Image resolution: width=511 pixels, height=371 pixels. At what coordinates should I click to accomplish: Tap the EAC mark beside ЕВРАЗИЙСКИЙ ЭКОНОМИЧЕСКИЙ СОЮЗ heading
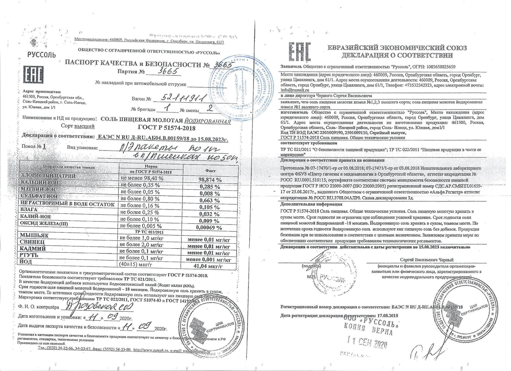[x=299, y=52]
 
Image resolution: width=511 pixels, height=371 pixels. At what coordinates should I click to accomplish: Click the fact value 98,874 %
[x=210, y=179]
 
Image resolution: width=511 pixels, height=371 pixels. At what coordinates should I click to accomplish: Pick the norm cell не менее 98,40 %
[x=142, y=178]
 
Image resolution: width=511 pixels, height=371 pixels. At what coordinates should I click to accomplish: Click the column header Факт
[x=210, y=170]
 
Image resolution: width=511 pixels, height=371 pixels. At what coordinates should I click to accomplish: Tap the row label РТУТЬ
[x=29, y=255]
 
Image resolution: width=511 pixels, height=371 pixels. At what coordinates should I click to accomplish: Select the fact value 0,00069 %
[x=209, y=227]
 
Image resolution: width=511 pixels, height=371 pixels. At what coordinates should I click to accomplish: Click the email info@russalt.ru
[x=295, y=90]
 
